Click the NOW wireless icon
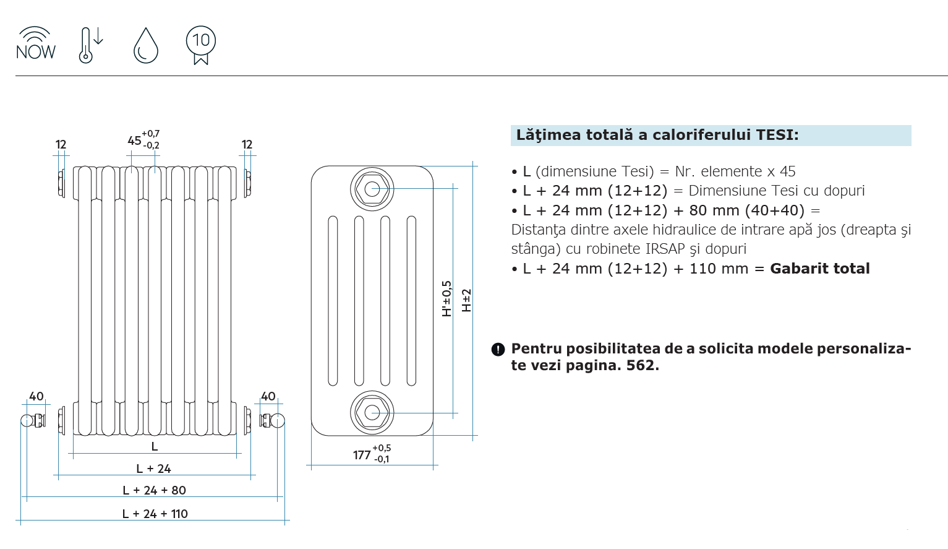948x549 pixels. [x=36, y=43]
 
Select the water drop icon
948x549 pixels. [x=146, y=45]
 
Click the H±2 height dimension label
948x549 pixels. [x=466, y=300]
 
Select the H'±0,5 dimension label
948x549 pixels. [x=447, y=299]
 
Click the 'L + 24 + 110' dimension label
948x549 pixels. [x=155, y=514]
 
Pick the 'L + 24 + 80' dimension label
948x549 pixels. [x=154, y=490]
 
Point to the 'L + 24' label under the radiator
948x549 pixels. [x=153, y=469]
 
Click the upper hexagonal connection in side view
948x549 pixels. [x=372, y=189]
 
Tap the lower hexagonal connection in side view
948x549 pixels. [x=372, y=412]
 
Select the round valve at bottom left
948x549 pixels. [x=28, y=421]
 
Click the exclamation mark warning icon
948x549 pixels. [x=498, y=350]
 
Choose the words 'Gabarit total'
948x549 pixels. [x=819, y=269]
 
